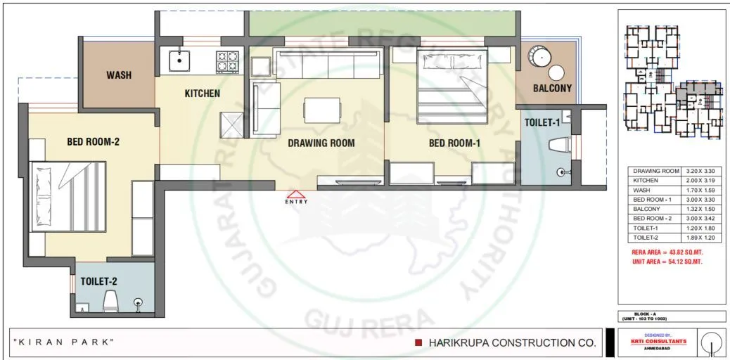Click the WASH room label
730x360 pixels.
click(x=119, y=75)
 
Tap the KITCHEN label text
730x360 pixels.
click(x=203, y=93)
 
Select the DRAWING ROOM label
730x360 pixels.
click(x=321, y=143)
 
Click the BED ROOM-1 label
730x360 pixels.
click(x=454, y=143)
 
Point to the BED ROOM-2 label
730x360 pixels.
click(x=94, y=142)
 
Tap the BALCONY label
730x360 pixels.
click(x=552, y=89)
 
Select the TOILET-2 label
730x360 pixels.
click(x=99, y=281)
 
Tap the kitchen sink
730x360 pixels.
click(x=180, y=60)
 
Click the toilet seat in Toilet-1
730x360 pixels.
click(x=560, y=146)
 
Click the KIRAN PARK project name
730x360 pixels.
click(x=63, y=342)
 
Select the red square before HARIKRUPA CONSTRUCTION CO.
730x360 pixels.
click(x=418, y=343)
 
